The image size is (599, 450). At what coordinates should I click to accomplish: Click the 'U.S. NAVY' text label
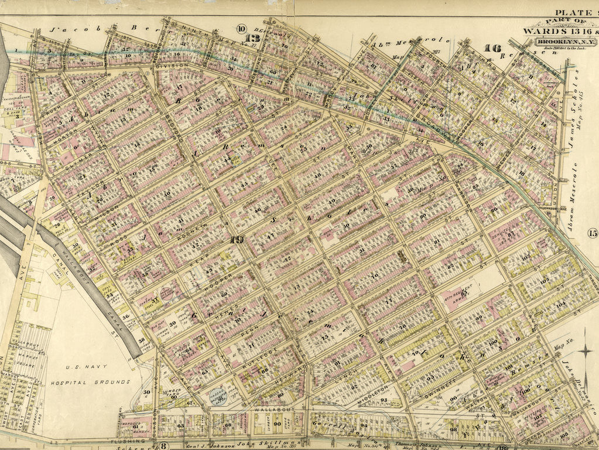click(83, 368)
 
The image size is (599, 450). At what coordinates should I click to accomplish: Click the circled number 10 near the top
click(241, 29)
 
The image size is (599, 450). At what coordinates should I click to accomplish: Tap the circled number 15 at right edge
click(592, 234)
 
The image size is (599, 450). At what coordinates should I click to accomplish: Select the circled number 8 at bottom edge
click(164, 445)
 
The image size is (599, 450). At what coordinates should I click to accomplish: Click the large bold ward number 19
click(237, 239)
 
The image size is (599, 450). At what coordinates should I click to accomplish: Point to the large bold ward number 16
click(492, 47)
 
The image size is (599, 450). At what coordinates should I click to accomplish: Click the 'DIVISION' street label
click(171, 67)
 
